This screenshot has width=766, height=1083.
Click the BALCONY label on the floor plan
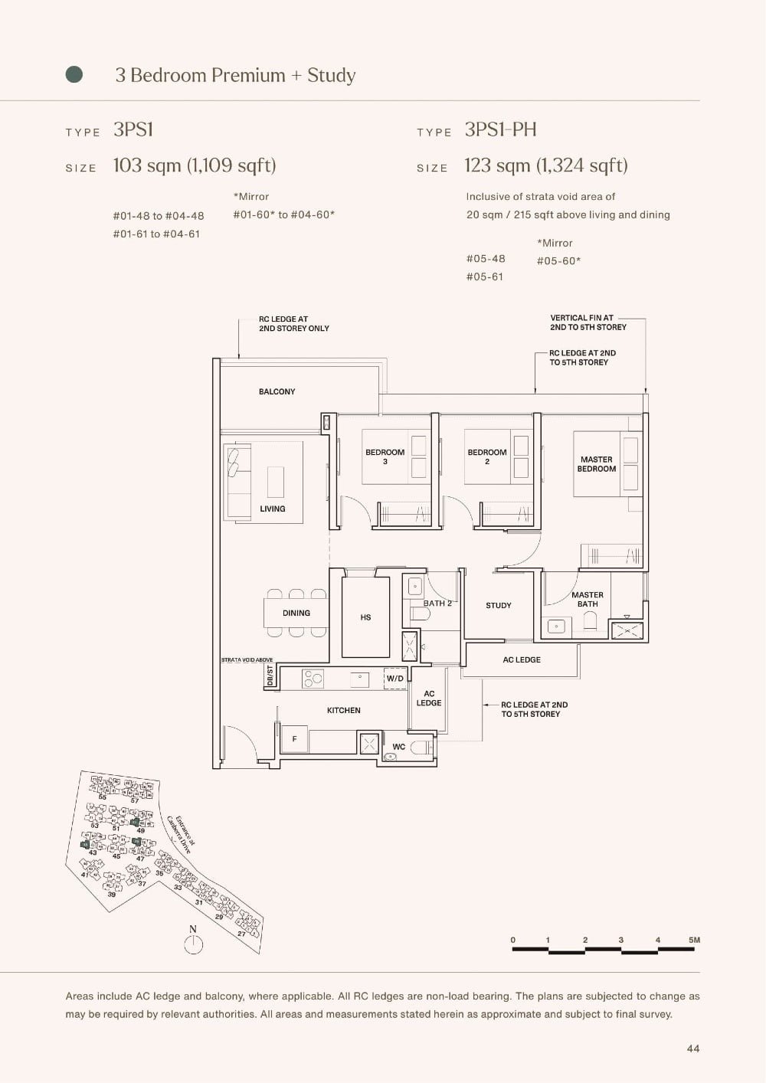click(277, 391)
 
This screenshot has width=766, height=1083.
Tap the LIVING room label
click(272, 509)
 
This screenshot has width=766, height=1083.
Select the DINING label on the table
click(296, 613)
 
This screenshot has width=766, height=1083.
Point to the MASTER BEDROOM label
click(596, 464)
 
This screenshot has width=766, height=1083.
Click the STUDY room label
click(498, 605)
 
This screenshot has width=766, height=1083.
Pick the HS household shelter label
click(365, 617)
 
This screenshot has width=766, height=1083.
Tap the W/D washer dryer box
click(394, 679)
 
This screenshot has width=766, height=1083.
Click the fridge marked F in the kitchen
click(294, 739)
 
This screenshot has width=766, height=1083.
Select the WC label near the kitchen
click(398, 747)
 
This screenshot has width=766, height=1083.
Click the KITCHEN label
click(343, 710)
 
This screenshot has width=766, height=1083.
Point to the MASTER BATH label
click(588, 599)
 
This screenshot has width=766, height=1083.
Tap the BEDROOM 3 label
click(385, 456)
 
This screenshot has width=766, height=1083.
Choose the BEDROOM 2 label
click(487, 456)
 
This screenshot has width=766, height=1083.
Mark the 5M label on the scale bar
click(694, 940)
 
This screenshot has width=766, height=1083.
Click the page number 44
click(692, 1049)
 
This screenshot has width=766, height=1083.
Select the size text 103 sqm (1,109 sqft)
click(195, 165)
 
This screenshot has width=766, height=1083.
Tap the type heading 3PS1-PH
click(500, 129)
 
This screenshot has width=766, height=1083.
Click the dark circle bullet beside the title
click(74, 74)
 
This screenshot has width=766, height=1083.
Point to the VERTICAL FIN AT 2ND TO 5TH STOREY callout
click(588, 322)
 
